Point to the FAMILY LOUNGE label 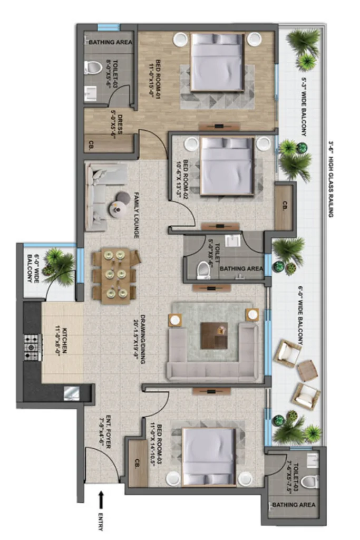tap(137, 215)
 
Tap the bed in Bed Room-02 tap(227, 166)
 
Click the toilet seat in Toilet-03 tap(310, 481)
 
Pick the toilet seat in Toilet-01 tap(93, 68)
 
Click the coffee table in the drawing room tap(213, 335)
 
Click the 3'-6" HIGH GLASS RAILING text tap(332, 179)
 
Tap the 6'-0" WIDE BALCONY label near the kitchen tap(33, 269)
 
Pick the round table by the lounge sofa tap(117, 209)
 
